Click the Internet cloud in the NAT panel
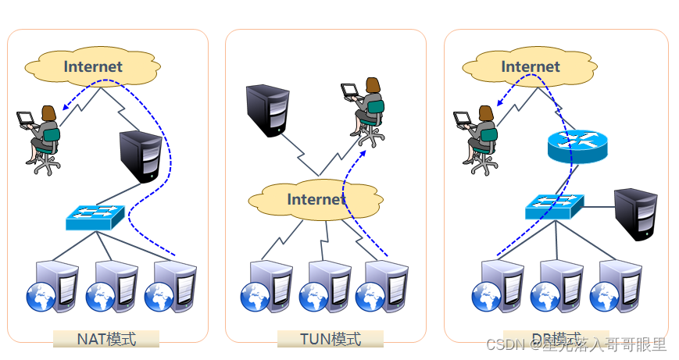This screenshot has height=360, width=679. coord(92,67)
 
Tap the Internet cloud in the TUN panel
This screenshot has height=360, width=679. coord(316,200)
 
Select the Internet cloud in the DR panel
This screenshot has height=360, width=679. coord(530,67)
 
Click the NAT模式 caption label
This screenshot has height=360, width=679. coord(106,339)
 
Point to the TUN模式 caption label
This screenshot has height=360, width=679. coord(331,339)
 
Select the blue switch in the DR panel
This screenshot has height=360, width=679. coord(554,206)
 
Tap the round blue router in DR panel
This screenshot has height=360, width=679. coord(577,145)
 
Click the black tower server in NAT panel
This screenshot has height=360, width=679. coord(141,157)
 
